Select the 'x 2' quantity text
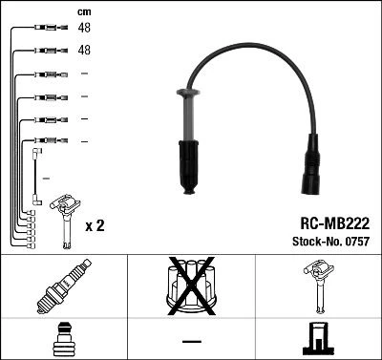(95, 226)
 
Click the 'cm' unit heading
(84, 11)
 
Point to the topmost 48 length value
(84, 29)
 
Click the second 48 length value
(84, 50)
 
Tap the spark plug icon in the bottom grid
(63, 286)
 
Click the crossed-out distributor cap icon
(191, 286)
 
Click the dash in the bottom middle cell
(191, 340)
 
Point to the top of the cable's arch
(250, 51)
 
